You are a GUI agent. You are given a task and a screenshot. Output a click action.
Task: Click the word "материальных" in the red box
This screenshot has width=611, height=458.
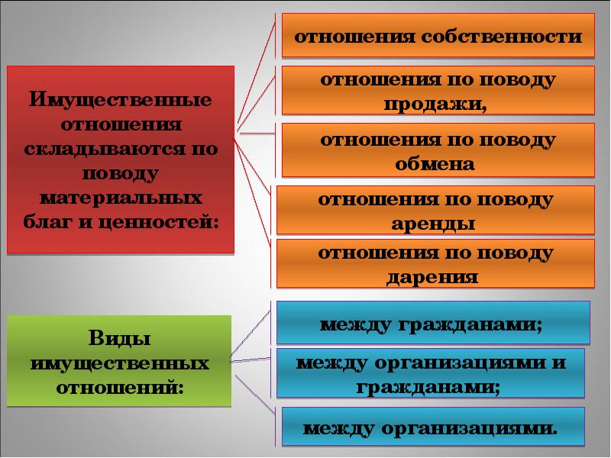point(121,198)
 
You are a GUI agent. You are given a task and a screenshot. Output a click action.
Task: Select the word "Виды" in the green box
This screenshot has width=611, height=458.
point(120,337)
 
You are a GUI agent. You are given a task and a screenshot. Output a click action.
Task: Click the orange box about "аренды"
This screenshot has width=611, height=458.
point(435,211)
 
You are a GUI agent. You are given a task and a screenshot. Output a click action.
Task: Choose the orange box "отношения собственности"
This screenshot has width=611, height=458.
point(438,36)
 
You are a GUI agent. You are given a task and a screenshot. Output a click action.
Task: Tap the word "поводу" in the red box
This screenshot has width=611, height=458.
point(121,173)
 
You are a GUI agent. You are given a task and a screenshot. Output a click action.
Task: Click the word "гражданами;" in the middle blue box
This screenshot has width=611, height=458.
point(429,386)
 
